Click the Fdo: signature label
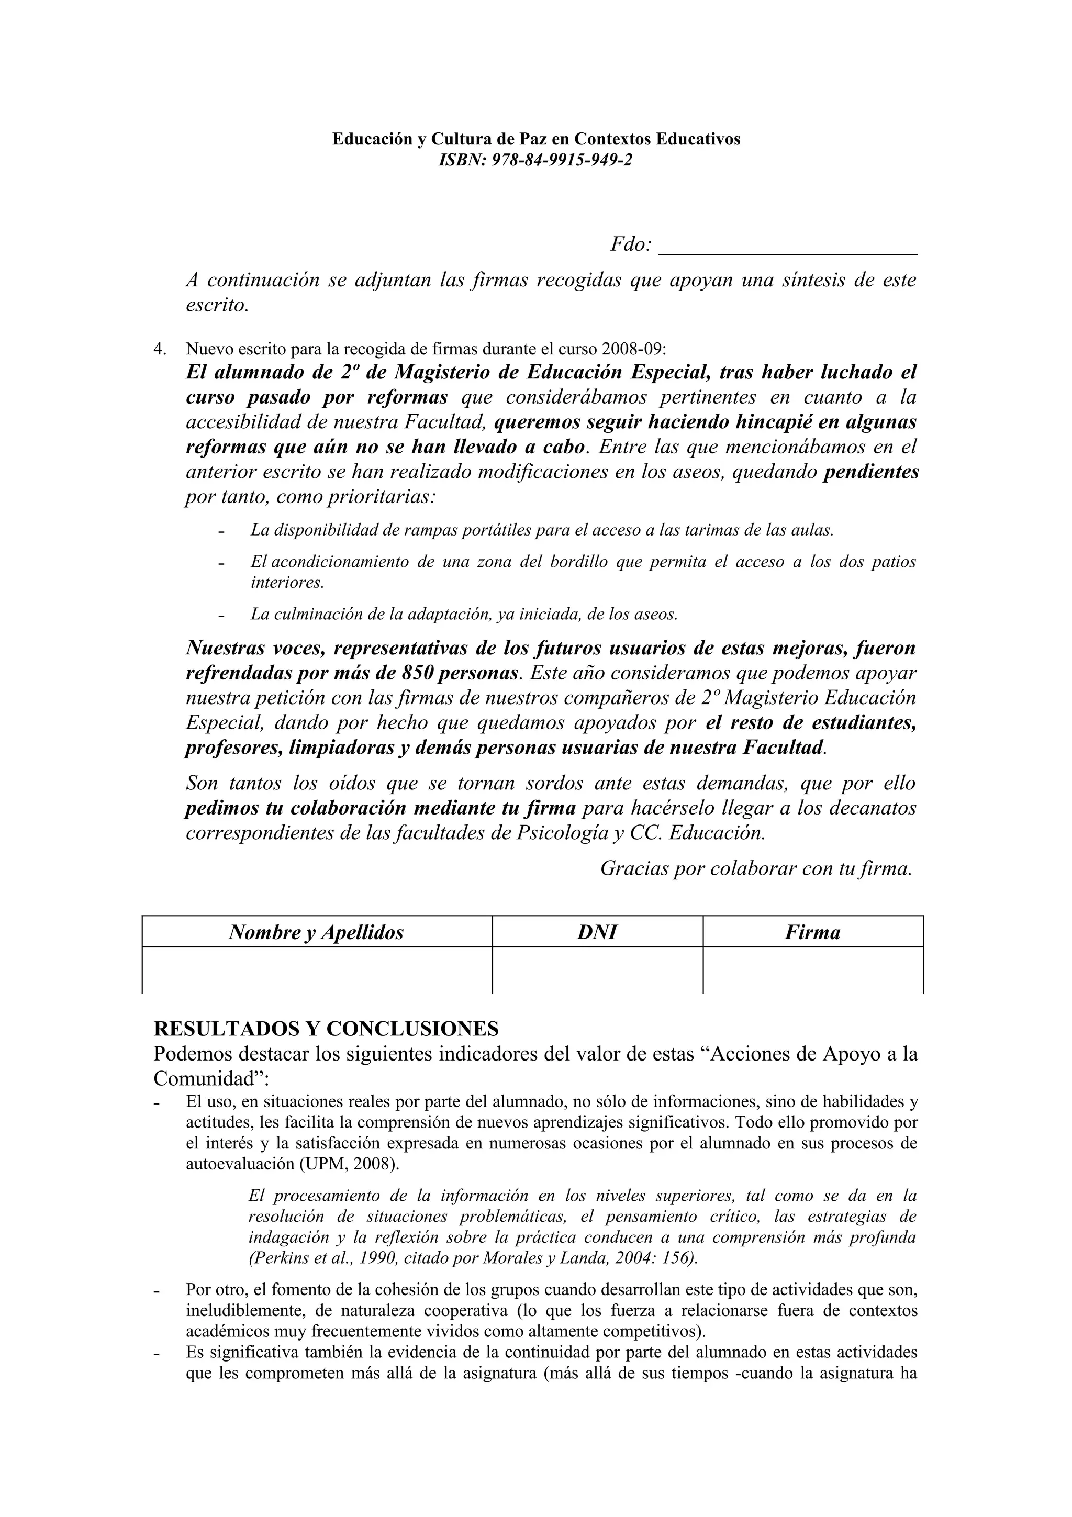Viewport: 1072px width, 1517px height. [x=631, y=244]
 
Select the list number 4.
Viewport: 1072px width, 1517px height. [x=159, y=348]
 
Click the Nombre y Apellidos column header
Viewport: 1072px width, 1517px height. [x=316, y=932]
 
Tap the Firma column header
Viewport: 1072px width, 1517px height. [x=812, y=932]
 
